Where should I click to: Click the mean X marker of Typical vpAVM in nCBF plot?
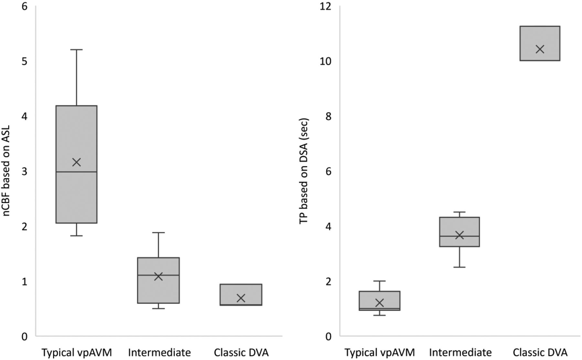coord(76,162)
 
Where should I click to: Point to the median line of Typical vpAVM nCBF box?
coord(76,172)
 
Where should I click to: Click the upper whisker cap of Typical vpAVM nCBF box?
coord(76,50)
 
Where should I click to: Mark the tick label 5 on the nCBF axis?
coord(25,61)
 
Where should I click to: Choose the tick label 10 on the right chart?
coord(326,61)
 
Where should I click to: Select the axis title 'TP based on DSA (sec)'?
coord(304,171)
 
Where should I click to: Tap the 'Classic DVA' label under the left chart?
coord(241,352)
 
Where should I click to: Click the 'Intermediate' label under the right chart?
coord(460,352)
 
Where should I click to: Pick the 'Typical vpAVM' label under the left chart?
coord(77,352)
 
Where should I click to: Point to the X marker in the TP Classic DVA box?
coord(540,49)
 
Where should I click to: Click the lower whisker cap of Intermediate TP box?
coord(459,267)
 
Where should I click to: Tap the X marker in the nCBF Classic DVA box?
coord(241,298)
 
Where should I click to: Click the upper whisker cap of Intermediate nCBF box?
coord(158,232)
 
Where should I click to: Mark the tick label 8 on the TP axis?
coord(329,116)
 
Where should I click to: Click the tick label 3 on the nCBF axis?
coord(25,171)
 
